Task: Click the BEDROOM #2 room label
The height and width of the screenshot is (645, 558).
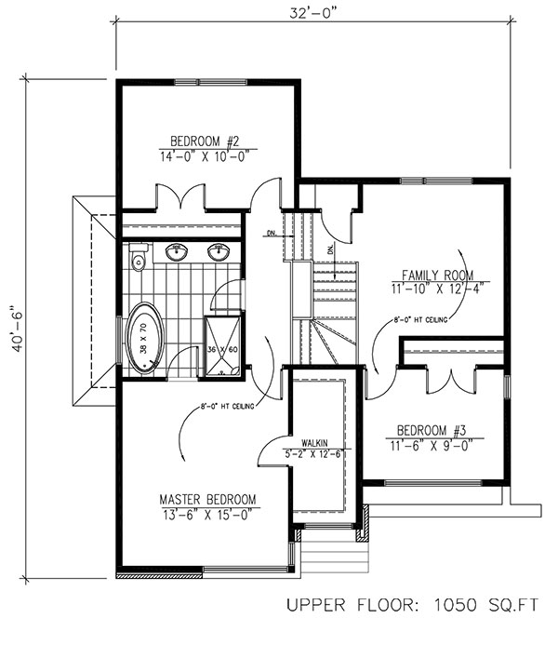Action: [207, 141]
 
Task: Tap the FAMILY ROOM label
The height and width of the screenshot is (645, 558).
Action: [436, 275]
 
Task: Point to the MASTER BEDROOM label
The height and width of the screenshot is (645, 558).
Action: [207, 499]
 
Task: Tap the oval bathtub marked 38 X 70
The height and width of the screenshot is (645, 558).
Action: [144, 338]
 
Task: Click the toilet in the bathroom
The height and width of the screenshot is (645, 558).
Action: [137, 257]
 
